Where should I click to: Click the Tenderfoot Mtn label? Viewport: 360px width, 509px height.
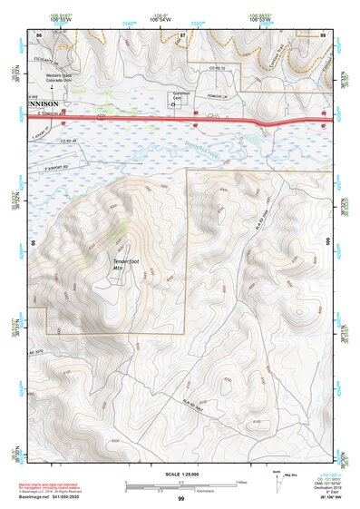[123, 264]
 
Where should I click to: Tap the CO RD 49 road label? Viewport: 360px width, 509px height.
[66, 141]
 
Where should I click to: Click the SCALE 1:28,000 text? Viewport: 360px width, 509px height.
[180, 475]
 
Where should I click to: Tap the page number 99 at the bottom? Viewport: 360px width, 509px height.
[180, 499]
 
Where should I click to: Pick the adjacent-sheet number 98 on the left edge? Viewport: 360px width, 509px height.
[32, 243]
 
